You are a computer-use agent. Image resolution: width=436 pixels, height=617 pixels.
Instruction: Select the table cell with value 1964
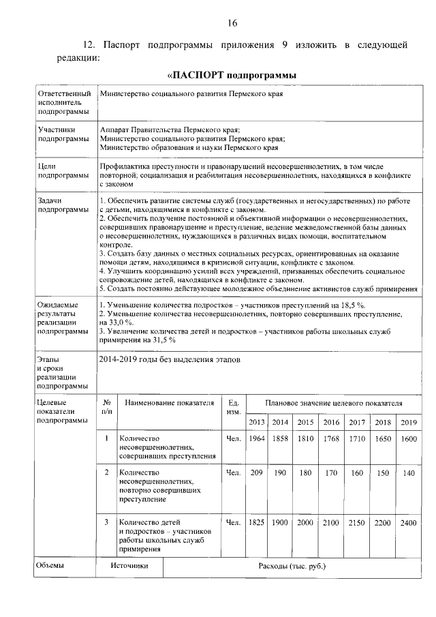tap(257, 439)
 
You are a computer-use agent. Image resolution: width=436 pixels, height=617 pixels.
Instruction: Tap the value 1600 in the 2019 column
tap(408, 439)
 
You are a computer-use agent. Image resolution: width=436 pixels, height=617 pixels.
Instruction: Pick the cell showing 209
tap(257, 472)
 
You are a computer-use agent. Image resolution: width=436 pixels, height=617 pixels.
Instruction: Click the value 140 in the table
tap(408, 472)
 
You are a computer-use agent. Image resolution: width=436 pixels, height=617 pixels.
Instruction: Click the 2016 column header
tap(332, 422)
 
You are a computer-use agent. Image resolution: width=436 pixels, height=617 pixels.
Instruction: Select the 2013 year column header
tap(257, 422)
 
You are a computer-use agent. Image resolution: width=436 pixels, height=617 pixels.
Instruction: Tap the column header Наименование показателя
tap(169, 404)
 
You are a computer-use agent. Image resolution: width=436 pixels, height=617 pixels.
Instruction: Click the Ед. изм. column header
tap(233, 408)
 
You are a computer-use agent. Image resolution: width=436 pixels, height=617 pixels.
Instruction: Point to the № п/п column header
tap(106, 408)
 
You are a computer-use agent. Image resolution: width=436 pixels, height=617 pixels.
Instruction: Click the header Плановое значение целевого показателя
tap(333, 404)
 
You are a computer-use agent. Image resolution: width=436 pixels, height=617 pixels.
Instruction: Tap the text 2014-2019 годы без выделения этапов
tap(170, 359)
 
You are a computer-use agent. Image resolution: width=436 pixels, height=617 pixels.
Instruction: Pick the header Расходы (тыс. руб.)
tap(292, 566)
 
